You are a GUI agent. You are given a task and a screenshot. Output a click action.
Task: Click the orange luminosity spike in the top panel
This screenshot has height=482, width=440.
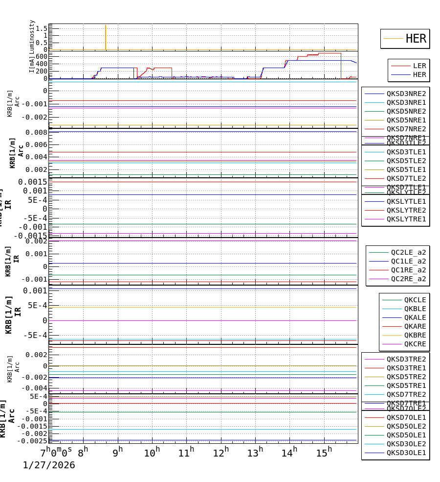106,37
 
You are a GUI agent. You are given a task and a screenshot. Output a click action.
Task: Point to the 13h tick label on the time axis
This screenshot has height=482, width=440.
254,453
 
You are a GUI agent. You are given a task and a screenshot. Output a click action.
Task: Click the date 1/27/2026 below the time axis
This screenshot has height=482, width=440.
49,465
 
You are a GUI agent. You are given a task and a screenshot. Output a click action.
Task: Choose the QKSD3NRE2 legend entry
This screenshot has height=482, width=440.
406,94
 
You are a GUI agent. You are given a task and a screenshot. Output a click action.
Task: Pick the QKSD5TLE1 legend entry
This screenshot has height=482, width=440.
406,169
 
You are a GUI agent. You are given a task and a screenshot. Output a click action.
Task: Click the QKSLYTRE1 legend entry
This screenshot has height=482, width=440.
406,219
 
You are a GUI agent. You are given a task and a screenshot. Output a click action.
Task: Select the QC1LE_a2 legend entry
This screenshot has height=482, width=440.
408,261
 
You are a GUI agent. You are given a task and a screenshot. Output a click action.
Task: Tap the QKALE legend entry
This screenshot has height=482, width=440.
415,317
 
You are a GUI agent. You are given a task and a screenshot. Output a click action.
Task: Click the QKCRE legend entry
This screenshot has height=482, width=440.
415,344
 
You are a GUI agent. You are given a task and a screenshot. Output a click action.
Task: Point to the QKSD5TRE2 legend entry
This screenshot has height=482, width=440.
406,377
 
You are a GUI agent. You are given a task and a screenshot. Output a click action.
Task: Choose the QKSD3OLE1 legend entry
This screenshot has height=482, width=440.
406,453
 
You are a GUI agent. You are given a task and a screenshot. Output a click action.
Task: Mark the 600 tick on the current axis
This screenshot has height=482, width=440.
41,56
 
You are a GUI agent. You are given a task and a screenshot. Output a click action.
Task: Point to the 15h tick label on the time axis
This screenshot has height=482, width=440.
323,453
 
